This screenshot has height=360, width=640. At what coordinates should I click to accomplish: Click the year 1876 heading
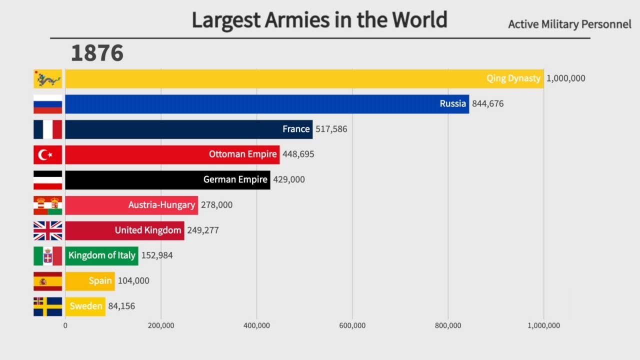[x=97, y=53]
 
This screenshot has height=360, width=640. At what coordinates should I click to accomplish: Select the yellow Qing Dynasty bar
[x=304, y=78]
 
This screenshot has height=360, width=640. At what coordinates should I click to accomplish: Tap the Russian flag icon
[x=48, y=104]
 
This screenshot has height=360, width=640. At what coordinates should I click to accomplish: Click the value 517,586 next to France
[x=331, y=129]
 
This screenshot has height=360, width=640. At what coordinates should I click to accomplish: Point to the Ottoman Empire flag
[x=48, y=154]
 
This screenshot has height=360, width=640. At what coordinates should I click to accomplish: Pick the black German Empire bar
[x=167, y=179]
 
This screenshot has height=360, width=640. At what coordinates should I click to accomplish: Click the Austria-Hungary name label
[x=161, y=205]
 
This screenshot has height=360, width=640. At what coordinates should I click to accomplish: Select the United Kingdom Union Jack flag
[x=48, y=230]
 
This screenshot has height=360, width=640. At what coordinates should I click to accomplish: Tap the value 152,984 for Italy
[x=157, y=255]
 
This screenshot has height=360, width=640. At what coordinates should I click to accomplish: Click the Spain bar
[x=90, y=281]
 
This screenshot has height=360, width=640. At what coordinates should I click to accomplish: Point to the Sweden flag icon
[x=48, y=306]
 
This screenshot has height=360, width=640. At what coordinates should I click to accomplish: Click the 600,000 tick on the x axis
[x=352, y=325]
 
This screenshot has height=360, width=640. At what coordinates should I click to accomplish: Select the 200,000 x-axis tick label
[x=161, y=325]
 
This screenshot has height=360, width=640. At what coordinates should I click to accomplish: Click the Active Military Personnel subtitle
[x=569, y=24]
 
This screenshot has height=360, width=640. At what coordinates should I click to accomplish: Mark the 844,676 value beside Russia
[x=488, y=104]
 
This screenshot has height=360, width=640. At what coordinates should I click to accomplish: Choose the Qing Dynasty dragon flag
[x=48, y=78]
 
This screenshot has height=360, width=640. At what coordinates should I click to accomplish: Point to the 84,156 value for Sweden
[x=121, y=306]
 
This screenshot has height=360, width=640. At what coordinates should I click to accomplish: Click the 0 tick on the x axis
[x=65, y=325]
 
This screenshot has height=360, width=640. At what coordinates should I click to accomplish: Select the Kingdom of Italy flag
[x=48, y=255]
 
